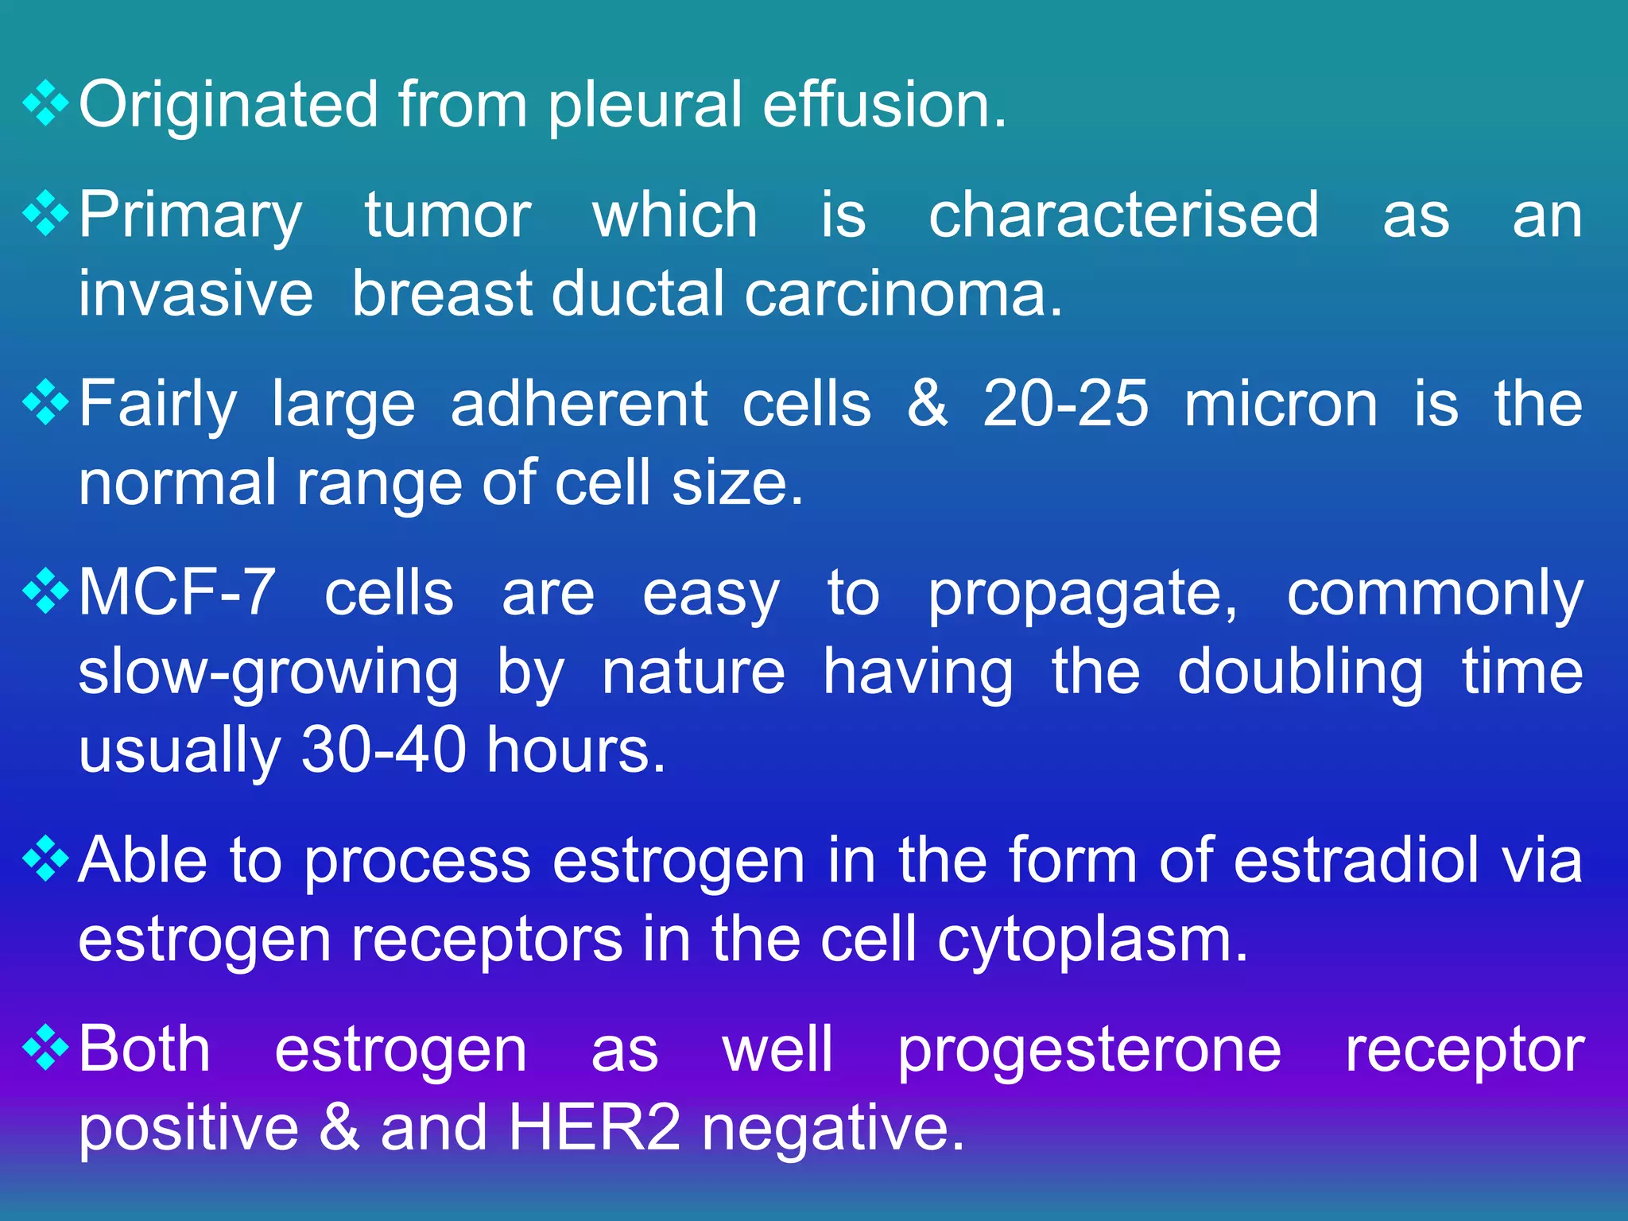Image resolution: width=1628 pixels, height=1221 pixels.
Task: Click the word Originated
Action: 228,106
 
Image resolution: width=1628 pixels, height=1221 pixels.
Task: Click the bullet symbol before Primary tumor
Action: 47,213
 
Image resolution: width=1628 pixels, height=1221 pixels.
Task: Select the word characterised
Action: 1124,215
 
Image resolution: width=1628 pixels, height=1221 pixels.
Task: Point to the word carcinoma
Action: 903,294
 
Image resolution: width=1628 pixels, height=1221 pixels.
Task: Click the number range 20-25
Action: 1065,404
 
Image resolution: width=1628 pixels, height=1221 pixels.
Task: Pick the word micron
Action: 1281,404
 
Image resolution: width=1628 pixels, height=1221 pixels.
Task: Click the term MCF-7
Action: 177,593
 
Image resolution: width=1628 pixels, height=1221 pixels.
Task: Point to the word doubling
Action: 1300,673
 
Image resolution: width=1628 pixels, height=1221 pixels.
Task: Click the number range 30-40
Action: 383,750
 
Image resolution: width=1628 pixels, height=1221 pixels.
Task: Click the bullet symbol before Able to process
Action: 47,859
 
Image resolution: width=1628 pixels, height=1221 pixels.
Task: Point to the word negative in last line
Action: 832,1129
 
